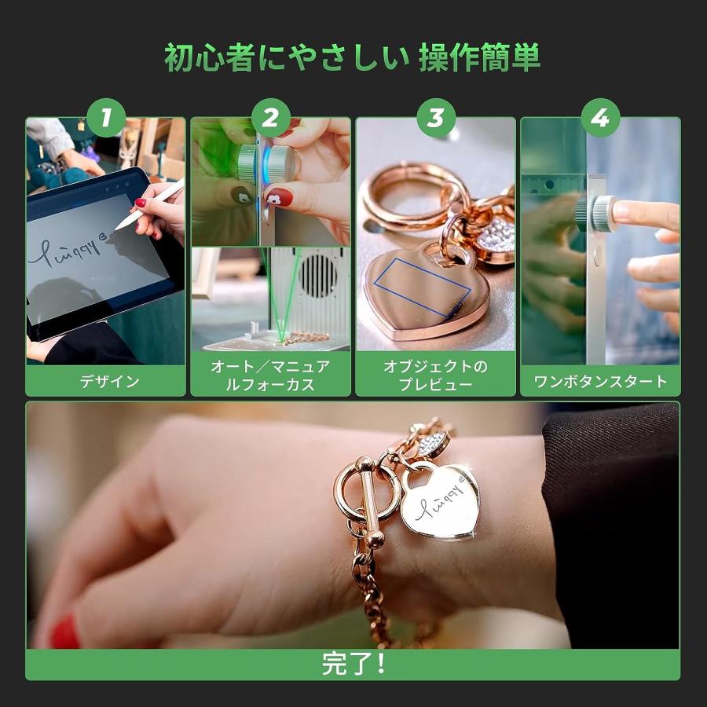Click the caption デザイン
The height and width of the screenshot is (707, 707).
click(106, 382)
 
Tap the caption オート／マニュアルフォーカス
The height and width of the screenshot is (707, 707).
click(270, 375)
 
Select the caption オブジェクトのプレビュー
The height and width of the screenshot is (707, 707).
click(435, 375)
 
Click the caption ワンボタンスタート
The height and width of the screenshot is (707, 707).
click(600, 382)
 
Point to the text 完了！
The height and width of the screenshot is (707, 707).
click(353, 664)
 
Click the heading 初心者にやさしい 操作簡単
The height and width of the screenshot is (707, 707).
click(353, 57)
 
